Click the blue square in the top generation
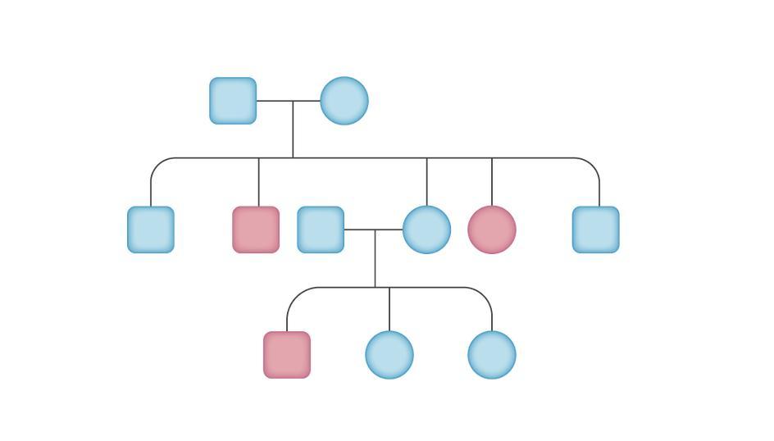tap(233, 101)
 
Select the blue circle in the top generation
tap(344, 101)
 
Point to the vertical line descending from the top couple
tap(293, 131)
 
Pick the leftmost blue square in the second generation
tap(151, 230)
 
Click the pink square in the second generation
tap(256, 230)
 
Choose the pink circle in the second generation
tap(492, 230)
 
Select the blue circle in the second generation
tap(426, 230)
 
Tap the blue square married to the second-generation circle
tap(321, 230)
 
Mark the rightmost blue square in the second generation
tap(596, 230)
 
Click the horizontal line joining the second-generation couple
tap(373, 230)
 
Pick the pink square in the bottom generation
tap(287, 355)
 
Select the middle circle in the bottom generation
tap(389, 355)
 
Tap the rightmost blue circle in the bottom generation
tap(492, 355)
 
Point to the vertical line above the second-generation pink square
tap(259, 182)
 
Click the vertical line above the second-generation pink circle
tap(492, 182)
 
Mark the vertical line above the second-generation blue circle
tap(426, 182)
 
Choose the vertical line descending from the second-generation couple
tap(376, 261)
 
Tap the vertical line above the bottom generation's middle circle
tap(389, 309)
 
